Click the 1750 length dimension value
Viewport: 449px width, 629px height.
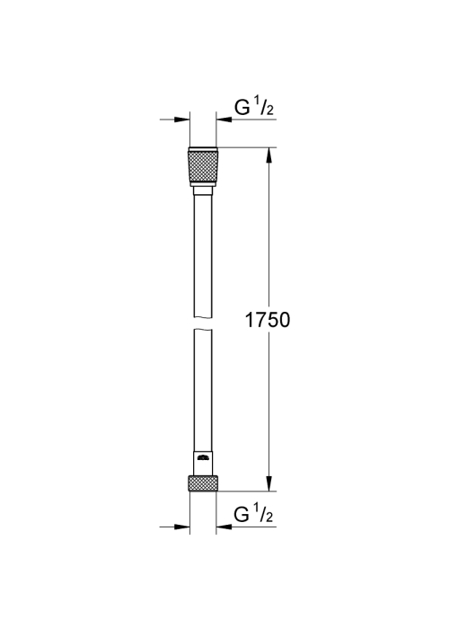[x=268, y=320]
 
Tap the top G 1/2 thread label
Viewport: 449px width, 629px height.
[x=254, y=107]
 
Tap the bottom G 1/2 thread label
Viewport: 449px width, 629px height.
[x=254, y=514]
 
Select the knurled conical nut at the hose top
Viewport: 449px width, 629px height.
[x=203, y=166]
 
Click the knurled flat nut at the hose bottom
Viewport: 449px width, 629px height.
[x=203, y=483]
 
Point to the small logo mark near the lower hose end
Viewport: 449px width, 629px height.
[x=203, y=456]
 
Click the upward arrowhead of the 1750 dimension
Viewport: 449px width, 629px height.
[x=269, y=155]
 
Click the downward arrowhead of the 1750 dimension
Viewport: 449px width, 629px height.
[x=269, y=483]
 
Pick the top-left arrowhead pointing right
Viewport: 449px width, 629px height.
[x=182, y=120]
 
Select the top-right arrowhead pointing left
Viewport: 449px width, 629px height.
[x=224, y=120]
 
